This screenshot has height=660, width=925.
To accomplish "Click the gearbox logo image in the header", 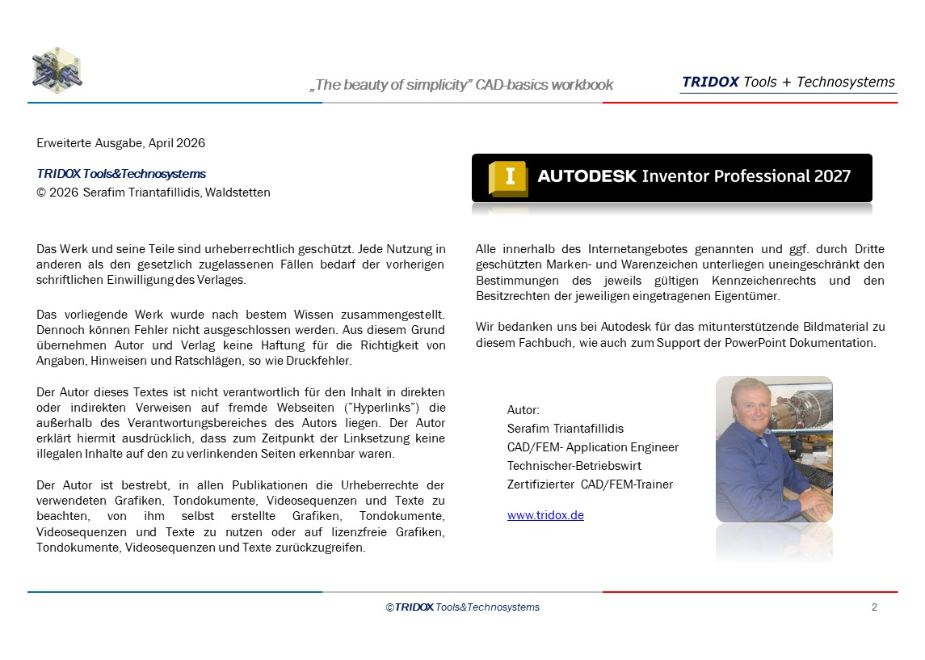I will coord(57,70).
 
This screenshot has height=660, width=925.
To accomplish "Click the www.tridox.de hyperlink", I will coord(545,515).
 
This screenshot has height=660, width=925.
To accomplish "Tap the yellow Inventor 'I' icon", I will coord(508,178).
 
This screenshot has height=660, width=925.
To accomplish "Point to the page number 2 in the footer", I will coord(874,607).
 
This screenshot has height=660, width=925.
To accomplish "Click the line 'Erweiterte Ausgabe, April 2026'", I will coord(121,143).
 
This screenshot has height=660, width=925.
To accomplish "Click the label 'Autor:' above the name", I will coord(523,410).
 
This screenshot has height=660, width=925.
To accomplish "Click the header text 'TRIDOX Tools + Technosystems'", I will coord(788,82).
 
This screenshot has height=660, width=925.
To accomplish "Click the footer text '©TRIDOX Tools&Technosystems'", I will coord(462,607).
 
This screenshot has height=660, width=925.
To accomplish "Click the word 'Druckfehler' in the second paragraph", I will coord(319,361).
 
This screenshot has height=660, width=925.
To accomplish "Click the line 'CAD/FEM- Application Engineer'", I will coord(592,447).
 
